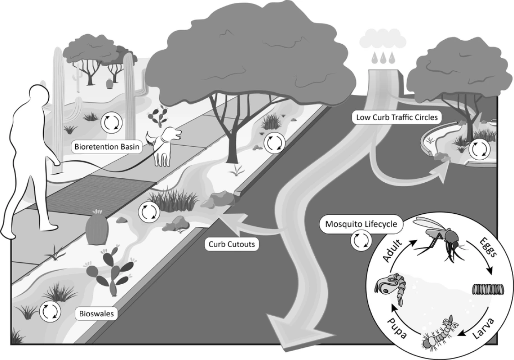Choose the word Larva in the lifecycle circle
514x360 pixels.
coord(485,329)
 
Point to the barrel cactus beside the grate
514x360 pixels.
coord(96,228)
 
